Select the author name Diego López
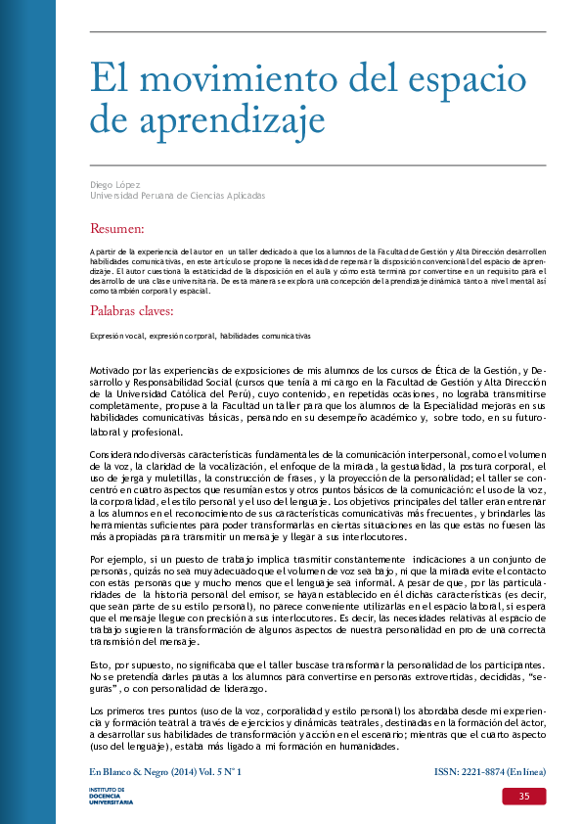pos(114,184)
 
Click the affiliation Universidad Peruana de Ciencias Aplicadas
pos(177,196)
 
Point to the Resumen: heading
pos(116,229)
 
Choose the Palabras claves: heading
pos(131,311)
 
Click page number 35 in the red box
pos(524,798)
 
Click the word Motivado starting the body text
pos(112,369)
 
